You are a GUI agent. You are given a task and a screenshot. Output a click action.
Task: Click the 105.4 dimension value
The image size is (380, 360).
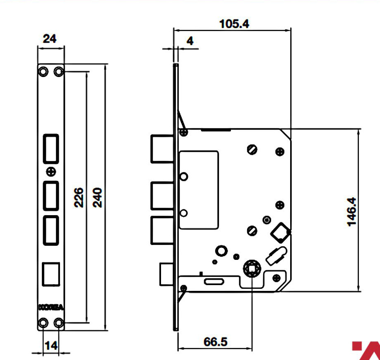(234, 24)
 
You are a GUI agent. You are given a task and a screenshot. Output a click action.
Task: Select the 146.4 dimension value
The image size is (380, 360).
(352, 212)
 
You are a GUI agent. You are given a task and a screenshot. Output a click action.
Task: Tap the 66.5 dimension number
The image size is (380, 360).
(215, 342)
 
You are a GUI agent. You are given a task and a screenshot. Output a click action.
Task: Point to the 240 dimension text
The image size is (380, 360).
(97, 197)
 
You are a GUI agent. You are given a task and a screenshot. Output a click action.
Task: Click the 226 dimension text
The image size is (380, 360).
(79, 197)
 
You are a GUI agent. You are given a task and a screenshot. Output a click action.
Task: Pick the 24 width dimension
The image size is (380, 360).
(50, 39)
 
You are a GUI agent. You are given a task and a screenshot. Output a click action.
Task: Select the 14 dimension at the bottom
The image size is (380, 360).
(51, 346)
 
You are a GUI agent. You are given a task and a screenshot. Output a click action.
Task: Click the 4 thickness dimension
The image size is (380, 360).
(190, 41)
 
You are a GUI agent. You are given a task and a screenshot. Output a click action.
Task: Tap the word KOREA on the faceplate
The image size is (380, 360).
(51, 307)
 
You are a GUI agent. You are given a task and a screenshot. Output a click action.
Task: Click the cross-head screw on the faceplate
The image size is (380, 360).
(51, 172)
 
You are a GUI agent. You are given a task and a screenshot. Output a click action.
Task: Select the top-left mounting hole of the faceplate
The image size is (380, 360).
(43, 72)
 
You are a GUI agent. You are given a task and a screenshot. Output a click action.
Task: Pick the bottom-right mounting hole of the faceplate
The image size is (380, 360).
(58, 323)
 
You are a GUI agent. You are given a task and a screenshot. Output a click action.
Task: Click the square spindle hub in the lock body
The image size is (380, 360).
(252, 269)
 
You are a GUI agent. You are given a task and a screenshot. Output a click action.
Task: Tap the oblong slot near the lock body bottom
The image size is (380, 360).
(214, 281)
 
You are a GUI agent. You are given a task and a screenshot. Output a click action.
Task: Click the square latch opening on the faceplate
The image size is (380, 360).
(51, 274)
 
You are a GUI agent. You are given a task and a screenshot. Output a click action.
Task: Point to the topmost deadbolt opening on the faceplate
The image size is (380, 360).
(51, 149)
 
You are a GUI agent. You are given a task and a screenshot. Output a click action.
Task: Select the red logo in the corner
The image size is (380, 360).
(366, 350)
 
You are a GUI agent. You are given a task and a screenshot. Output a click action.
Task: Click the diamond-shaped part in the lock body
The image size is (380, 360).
(280, 232)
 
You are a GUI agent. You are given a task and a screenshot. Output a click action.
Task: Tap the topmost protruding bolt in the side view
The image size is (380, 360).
(162, 149)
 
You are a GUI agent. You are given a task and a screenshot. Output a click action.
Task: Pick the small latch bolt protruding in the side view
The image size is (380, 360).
(166, 274)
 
